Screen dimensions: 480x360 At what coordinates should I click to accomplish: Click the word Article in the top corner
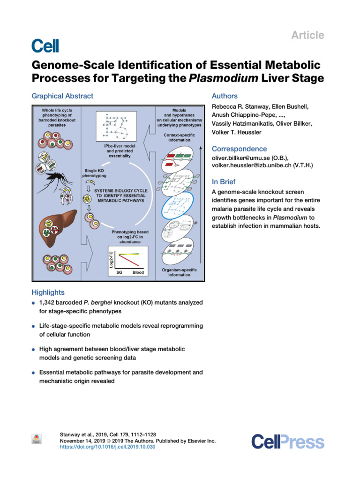(x=308, y=35)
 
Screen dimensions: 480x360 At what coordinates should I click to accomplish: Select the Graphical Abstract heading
(x=62, y=96)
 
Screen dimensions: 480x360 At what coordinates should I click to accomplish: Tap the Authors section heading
(x=225, y=96)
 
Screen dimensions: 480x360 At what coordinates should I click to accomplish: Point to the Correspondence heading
(x=240, y=149)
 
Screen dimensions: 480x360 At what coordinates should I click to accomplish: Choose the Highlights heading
(x=48, y=292)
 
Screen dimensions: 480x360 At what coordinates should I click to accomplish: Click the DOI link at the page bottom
(x=108, y=448)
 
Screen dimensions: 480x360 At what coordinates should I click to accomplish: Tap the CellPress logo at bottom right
(x=288, y=442)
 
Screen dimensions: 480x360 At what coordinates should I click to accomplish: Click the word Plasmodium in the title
(x=224, y=78)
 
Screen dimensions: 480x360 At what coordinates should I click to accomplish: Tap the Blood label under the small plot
(x=138, y=272)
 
